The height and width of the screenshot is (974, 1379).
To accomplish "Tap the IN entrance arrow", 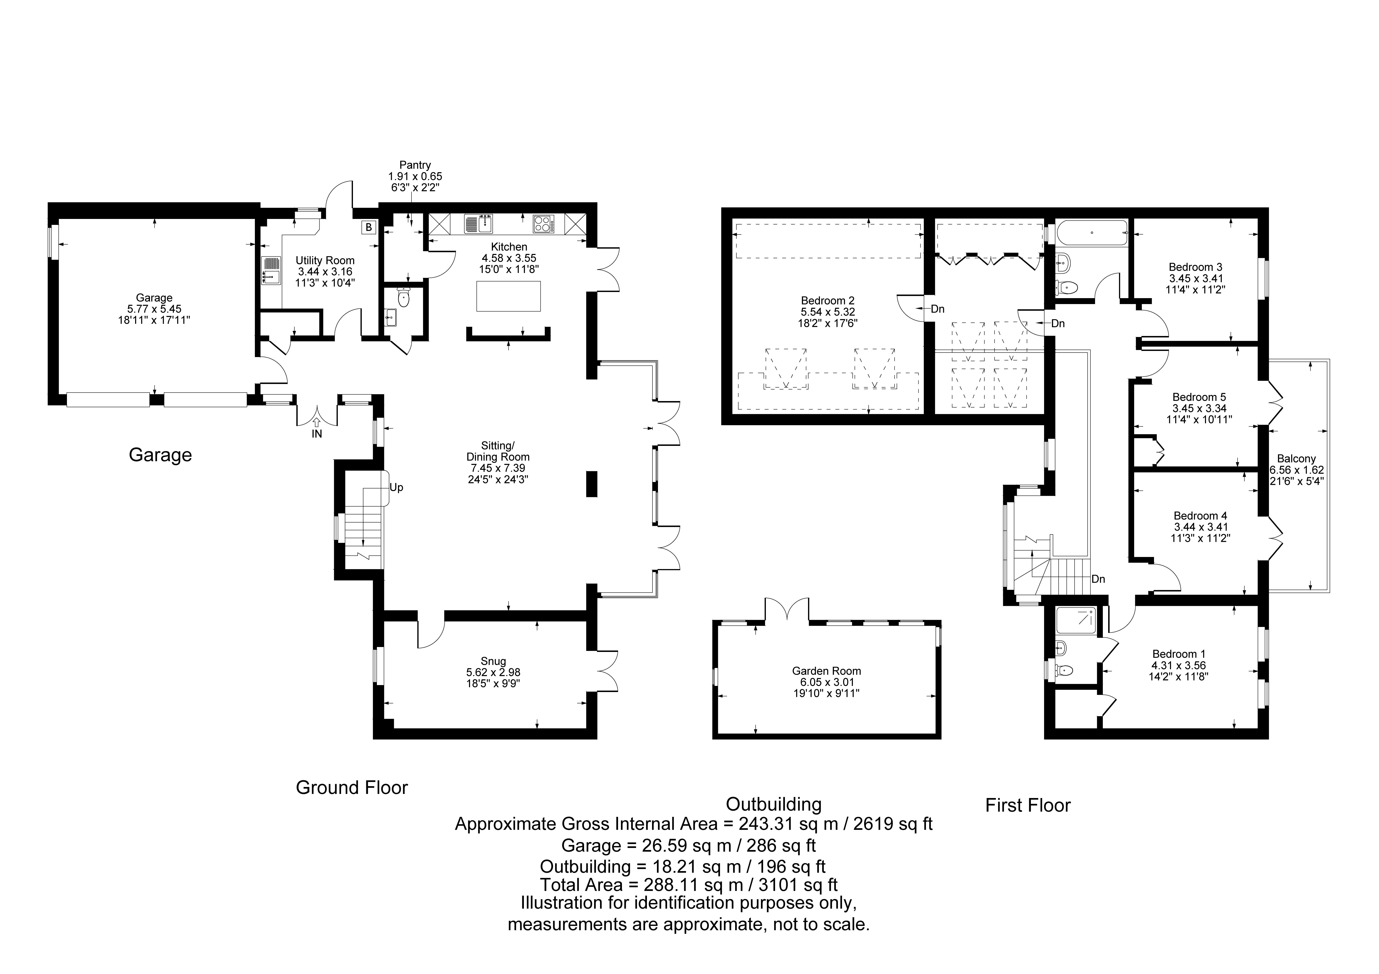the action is pos(316,423).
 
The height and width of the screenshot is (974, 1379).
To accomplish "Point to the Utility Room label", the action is pos(325,261).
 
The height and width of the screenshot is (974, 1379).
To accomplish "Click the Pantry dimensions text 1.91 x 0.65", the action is pos(415,177).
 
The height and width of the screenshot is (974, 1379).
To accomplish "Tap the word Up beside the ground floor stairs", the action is pos(396,488).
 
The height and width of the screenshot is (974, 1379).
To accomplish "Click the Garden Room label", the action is pos(826,671).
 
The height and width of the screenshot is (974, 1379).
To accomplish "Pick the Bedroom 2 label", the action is pos(828,300).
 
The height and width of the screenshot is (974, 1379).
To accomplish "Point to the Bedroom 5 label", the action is pos(1199,397).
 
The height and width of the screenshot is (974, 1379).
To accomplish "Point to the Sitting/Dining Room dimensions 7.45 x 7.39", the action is pos(498,468).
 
